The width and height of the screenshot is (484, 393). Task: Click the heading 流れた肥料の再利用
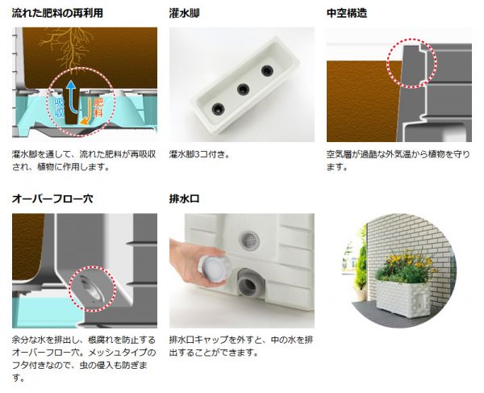57,13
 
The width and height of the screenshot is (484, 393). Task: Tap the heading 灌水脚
184,13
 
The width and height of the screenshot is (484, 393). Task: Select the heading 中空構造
347,13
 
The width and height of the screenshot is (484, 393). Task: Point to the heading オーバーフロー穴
52,199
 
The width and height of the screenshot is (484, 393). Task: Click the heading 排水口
184,199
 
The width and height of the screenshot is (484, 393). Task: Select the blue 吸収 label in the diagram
59,108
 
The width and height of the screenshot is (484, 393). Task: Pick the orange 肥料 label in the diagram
98,108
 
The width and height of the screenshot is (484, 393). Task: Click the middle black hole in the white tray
244,90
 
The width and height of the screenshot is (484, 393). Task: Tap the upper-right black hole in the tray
267,71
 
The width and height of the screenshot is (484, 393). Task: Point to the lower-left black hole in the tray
219,109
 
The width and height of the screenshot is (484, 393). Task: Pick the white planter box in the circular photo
403,298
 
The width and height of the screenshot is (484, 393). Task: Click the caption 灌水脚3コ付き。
200,154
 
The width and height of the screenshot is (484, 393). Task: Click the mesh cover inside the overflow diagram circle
91,289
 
